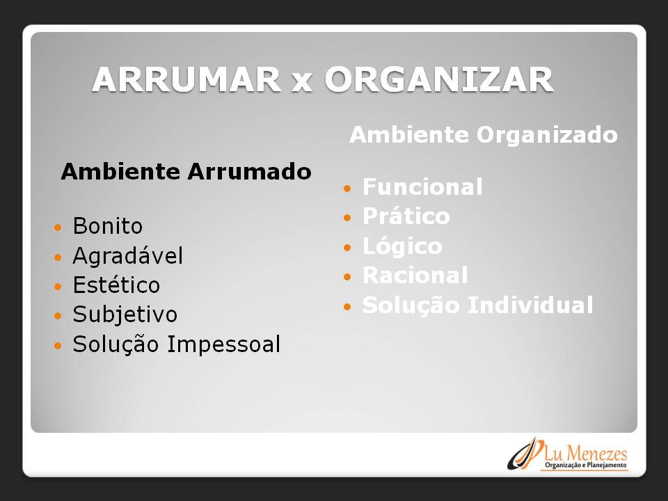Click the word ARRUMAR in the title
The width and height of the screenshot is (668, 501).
(x=186, y=79)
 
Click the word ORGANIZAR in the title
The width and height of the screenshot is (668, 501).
(x=439, y=79)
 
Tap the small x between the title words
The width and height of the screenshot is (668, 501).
(x=302, y=83)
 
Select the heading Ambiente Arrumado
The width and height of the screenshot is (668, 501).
(x=186, y=172)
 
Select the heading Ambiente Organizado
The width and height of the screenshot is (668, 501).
(x=484, y=135)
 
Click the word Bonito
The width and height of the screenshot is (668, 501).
(x=107, y=225)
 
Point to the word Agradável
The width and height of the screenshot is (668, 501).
(x=128, y=255)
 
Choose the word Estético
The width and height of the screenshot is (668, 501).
(x=116, y=285)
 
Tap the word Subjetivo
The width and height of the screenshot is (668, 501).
(x=125, y=315)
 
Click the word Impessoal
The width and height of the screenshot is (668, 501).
(x=223, y=344)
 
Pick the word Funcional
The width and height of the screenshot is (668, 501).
(x=422, y=187)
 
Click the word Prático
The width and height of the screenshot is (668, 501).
(x=406, y=216)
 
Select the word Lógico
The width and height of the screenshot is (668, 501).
(x=402, y=246)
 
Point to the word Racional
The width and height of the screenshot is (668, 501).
(x=415, y=276)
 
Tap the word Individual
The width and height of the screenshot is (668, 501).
(x=530, y=305)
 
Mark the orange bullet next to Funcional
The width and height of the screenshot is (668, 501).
(x=348, y=189)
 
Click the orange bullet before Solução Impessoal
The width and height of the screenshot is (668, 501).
(x=58, y=346)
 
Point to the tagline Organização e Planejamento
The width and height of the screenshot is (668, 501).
(x=586, y=466)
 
